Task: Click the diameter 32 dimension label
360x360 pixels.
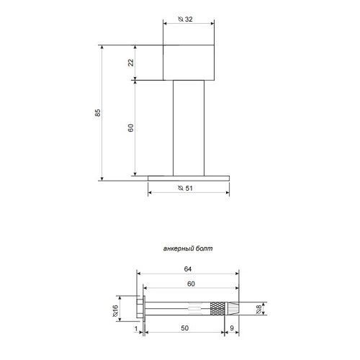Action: click(185, 19)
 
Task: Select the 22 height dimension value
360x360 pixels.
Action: click(131, 63)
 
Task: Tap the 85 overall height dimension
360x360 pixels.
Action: click(97, 113)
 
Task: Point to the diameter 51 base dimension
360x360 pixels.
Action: click(185, 188)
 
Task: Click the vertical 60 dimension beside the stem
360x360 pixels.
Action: click(131, 127)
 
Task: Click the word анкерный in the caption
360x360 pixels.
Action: click(179, 248)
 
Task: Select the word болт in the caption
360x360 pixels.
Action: click(204, 248)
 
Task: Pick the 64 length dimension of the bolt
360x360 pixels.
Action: click(188, 269)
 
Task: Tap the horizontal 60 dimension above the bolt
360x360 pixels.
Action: click(191, 284)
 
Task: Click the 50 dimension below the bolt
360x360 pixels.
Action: click(184, 328)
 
